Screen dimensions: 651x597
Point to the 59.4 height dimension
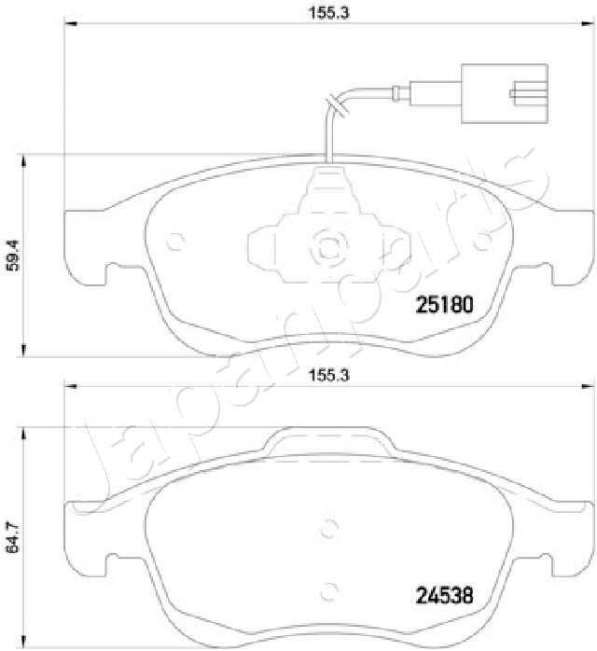[12, 255]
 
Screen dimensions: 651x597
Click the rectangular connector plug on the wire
[509, 92]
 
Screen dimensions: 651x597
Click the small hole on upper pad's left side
[172, 248]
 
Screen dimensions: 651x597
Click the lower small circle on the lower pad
[326, 589]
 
